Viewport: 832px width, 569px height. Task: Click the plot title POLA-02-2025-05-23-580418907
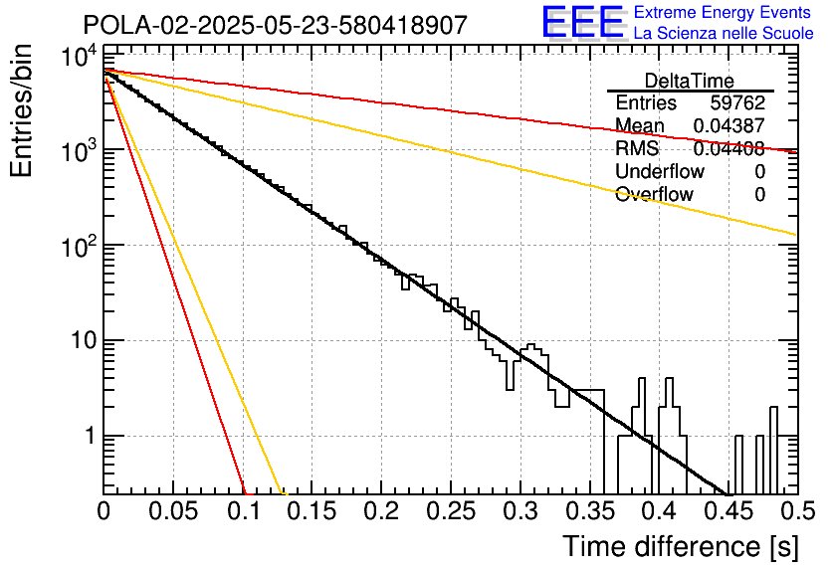(276, 25)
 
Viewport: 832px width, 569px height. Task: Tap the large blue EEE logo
(582, 22)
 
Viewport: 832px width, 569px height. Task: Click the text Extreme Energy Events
(723, 12)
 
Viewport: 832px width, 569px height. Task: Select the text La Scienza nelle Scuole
(724, 34)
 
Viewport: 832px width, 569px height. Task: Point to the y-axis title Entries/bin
(21, 111)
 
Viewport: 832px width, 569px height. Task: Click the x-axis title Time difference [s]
(681, 547)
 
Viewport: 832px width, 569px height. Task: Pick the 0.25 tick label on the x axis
(451, 511)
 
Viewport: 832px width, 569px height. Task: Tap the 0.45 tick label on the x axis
(728, 511)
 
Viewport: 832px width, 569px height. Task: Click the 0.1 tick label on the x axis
(244, 511)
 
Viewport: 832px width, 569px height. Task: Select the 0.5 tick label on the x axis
(797, 511)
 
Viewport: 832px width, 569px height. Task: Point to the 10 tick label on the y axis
(84, 340)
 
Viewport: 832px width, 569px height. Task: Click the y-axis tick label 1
(91, 436)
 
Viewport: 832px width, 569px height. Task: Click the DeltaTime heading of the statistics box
(690, 81)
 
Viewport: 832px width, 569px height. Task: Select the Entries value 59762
(737, 102)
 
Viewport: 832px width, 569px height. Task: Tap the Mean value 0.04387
(729, 125)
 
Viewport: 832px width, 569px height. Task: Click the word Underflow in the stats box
(660, 171)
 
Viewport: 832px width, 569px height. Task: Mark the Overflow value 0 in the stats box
(759, 195)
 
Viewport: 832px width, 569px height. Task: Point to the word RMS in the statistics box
(637, 148)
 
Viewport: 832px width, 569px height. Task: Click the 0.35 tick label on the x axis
(590, 511)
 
